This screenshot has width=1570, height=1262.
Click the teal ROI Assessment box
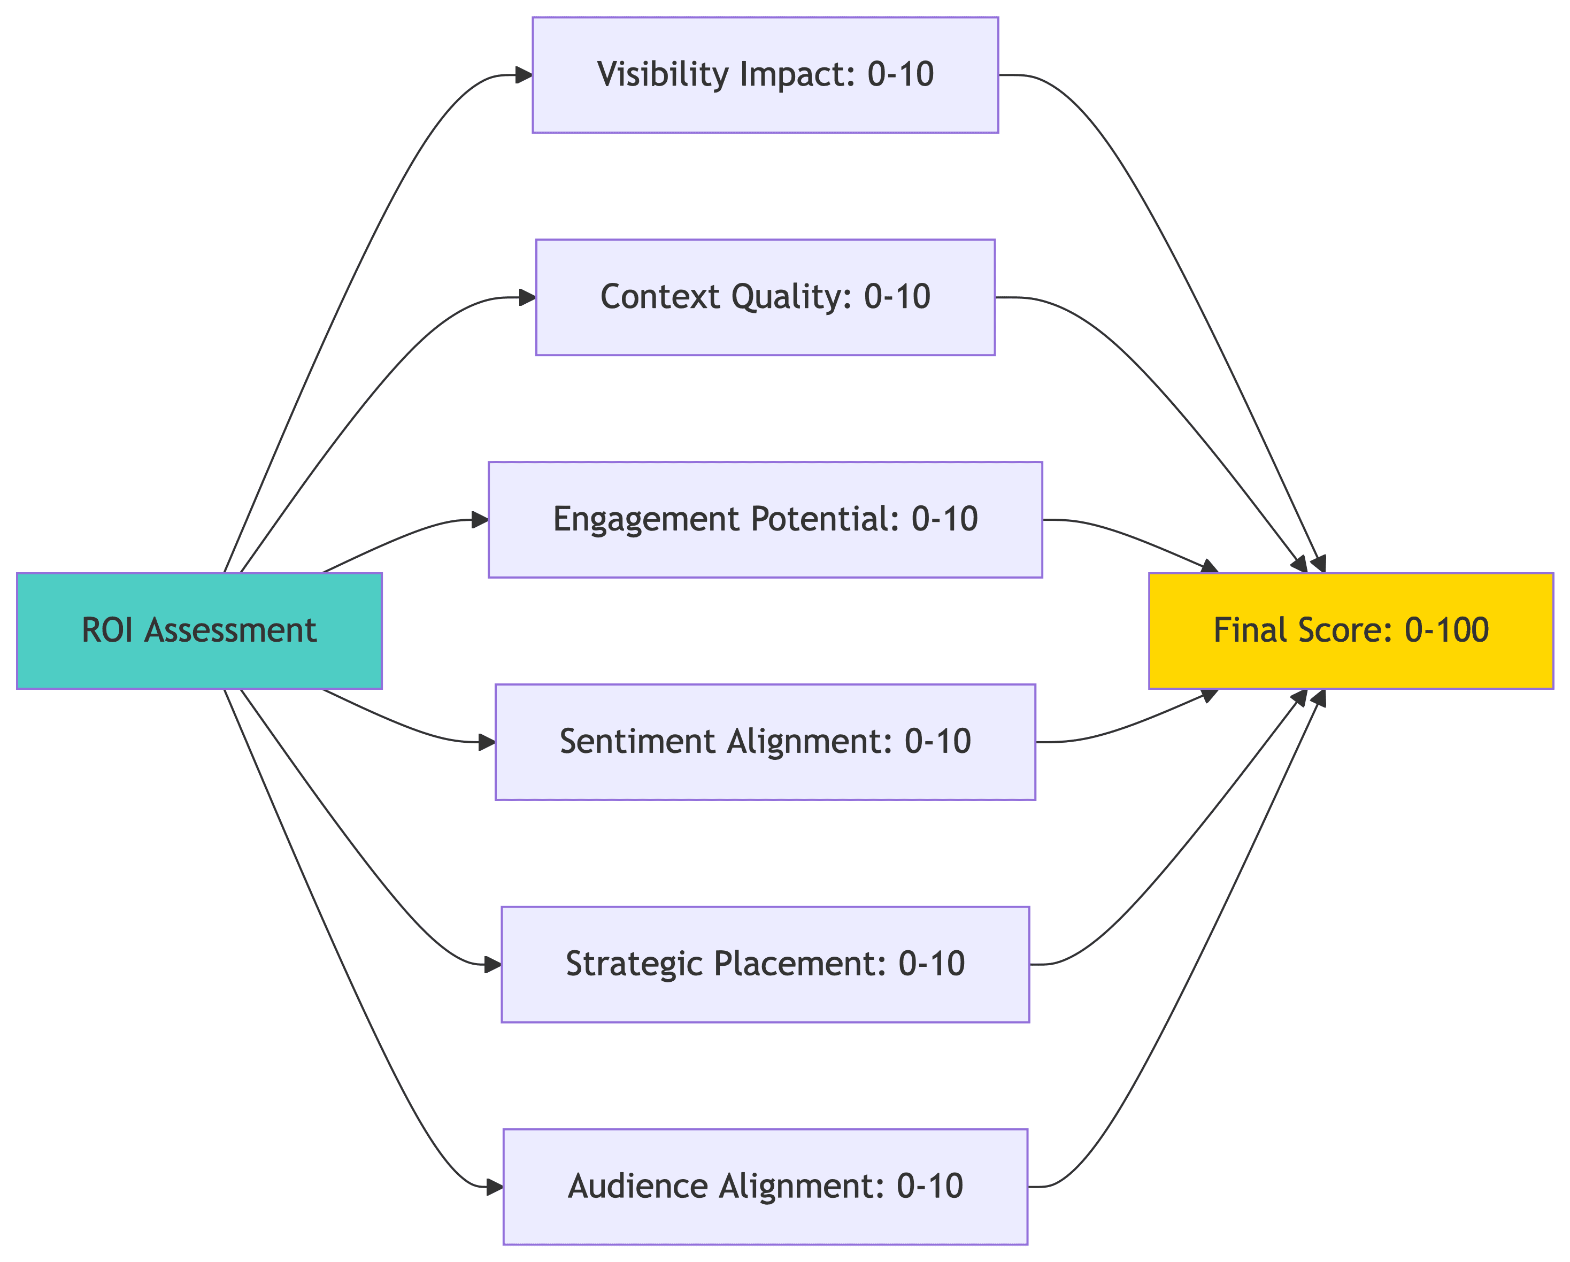click(x=199, y=630)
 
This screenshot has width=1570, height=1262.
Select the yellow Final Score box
click(x=1351, y=630)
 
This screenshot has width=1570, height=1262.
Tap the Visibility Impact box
click(x=765, y=75)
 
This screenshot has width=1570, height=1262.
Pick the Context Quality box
click(x=765, y=297)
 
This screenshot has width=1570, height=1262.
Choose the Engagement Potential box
click(x=765, y=519)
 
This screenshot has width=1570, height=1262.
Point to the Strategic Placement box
click(x=765, y=964)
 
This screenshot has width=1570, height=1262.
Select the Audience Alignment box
click(x=765, y=1186)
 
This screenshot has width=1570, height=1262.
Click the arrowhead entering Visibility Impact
click(x=524, y=75)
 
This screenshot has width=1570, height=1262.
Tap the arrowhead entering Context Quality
click(x=527, y=297)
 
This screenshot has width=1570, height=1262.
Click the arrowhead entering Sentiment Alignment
click(x=487, y=742)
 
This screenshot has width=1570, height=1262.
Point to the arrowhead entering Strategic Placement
click(x=493, y=964)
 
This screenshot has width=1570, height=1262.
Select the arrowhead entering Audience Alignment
click(x=495, y=1186)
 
